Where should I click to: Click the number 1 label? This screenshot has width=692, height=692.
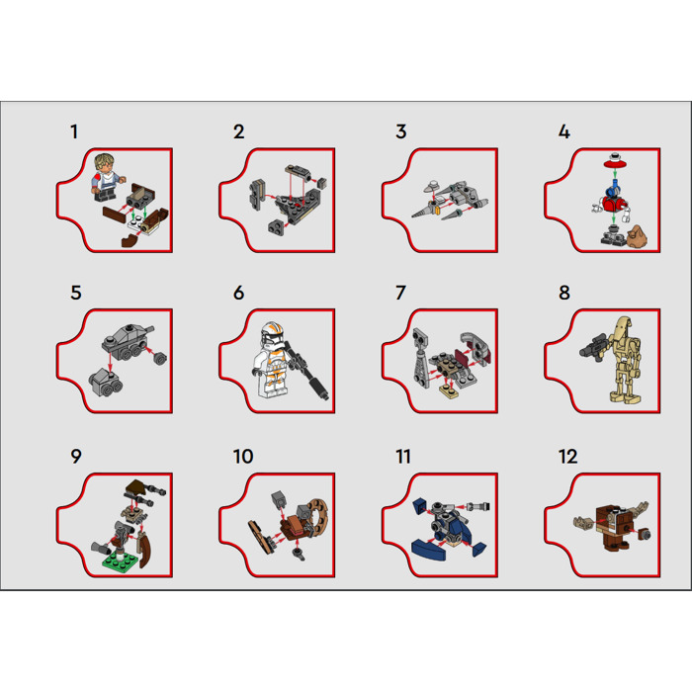tap(73, 131)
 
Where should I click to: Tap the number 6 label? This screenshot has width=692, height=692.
tap(239, 294)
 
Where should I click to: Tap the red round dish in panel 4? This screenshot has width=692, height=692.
tap(615, 158)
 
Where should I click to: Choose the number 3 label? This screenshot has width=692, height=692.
tap(400, 131)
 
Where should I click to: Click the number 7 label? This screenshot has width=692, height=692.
tap(400, 294)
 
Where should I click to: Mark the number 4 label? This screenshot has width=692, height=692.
tap(563, 131)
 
